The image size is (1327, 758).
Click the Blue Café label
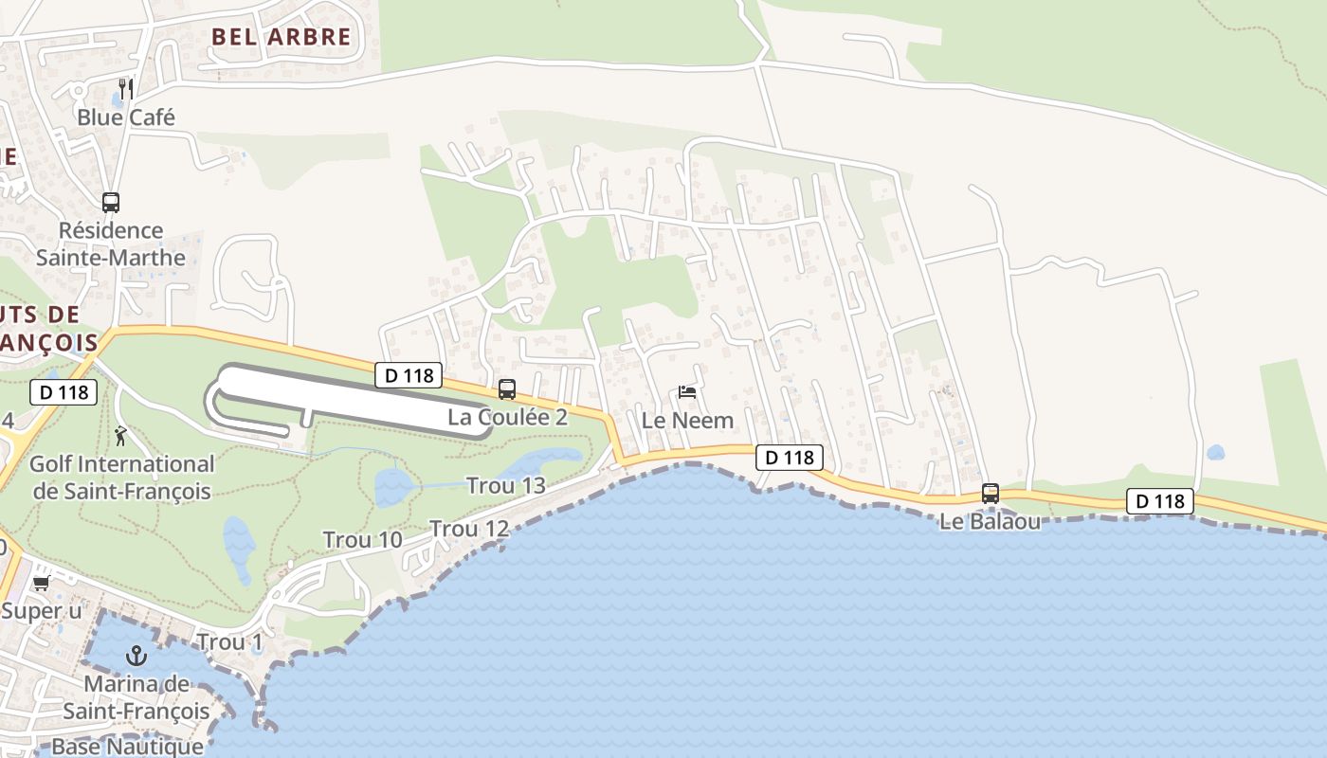pos(126,118)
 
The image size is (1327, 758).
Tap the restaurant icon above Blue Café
pos(126,89)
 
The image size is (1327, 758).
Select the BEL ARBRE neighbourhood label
pos(281,38)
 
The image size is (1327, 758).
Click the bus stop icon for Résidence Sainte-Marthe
pos(111,202)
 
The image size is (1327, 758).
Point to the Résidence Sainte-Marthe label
pos(111,244)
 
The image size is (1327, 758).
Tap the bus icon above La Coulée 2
pos(507,388)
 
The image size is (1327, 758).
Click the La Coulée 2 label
pos(507,417)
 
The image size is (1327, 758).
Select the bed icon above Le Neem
pos(687,391)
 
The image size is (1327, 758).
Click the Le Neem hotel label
pos(687,420)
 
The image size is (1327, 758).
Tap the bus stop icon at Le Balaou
pos(991,493)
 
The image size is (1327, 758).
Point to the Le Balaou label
pos(991,521)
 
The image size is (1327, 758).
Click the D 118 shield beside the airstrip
pos(409,375)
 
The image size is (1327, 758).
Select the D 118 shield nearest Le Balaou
pos(1160,501)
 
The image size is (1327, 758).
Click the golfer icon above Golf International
pos(121,436)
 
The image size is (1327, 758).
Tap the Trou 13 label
pos(506,486)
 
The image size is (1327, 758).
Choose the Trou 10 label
pos(362,540)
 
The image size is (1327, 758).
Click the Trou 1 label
pos(229,642)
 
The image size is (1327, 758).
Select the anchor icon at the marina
pos(137,655)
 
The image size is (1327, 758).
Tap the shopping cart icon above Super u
pos(41,583)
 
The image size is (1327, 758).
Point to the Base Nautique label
pos(127,746)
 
